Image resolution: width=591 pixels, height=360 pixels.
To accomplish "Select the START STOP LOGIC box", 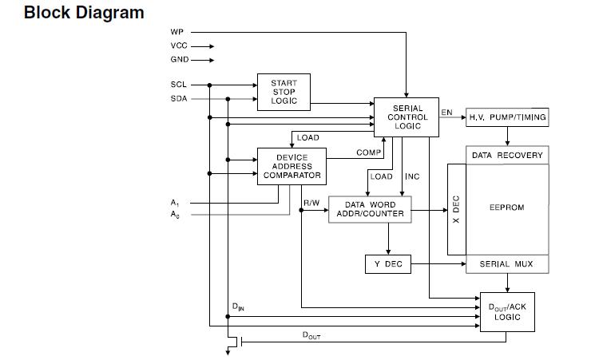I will click(284, 92).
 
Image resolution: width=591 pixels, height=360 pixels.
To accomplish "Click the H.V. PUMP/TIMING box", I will click(507, 117).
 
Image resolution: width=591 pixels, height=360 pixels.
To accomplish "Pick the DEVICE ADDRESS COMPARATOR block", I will click(292, 166).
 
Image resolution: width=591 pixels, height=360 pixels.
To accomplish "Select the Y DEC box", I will click(388, 264).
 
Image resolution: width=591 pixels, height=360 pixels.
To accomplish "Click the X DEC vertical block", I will click(456, 209).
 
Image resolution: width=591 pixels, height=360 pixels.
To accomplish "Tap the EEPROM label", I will click(506, 208).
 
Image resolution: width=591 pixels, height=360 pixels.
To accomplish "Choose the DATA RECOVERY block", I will click(506, 155).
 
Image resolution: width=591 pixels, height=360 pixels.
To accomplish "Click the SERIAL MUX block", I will click(506, 264).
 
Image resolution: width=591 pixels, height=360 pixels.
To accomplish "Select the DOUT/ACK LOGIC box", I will click(506, 311).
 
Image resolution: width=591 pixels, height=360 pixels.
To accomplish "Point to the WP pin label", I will click(177, 32).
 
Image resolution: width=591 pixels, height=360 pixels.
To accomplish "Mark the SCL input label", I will click(178, 85).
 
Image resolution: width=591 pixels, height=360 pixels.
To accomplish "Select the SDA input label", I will click(178, 99).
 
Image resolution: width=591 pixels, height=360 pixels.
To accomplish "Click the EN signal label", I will click(446, 113).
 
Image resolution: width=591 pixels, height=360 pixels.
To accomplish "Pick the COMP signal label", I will click(367, 152).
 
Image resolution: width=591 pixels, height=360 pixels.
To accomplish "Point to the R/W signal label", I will click(311, 204).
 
